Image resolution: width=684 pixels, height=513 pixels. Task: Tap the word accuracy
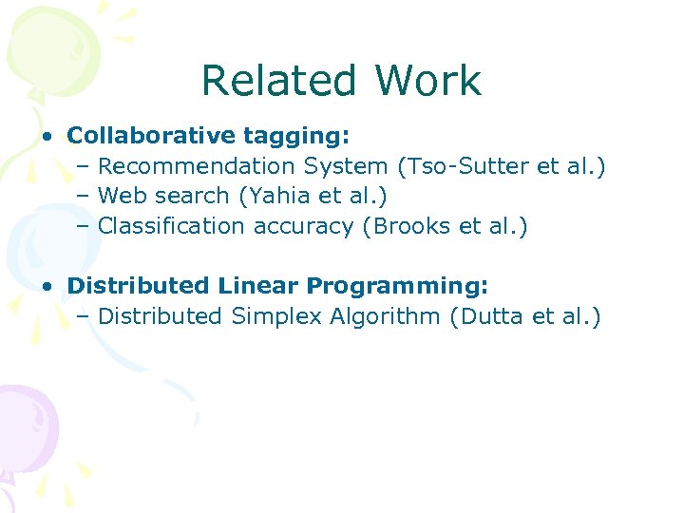pyautogui.click(x=308, y=226)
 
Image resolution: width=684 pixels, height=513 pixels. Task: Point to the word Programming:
pyautogui.click(x=397, y=286)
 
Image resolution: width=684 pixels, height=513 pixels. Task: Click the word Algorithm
pyautogui.click(x=385, y=316)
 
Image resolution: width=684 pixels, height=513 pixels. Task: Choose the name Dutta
pyautogui.click(x=493, y=315)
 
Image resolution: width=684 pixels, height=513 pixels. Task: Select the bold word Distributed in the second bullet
pyautogui.click(x=139, y=285)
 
